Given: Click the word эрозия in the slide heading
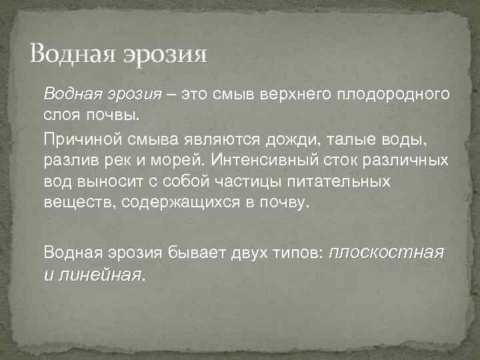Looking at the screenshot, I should (x=164, y=54).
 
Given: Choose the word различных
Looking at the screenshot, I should (x=410, y=161).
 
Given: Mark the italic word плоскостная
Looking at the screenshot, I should (x=387, y=253).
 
